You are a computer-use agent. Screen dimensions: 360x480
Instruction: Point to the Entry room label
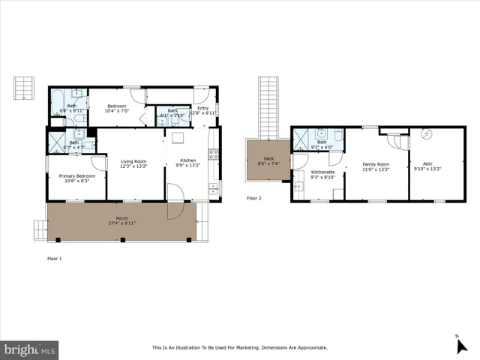pyautogui.click(x=203, y=108)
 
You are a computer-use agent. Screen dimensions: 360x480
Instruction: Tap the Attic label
pyautogui.click(x=427, y=163)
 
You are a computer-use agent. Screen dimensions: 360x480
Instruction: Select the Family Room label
pyautogui.click(x=376, y=163)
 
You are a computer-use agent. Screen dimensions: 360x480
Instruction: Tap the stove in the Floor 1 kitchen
pyautogui.click(x=214, y=155)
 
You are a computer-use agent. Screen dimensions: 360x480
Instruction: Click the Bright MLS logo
pyautogui.click(x=30, y=349)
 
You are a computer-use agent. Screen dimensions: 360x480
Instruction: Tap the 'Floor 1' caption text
pyautogui.click(x=54, y=258)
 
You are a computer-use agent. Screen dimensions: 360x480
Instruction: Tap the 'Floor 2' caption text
pyautogui.click(x=254, y=198)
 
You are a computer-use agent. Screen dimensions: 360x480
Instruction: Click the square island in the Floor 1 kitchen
pyautogui.click(x=178, y=138)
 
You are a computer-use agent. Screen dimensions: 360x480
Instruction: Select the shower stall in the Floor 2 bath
pyautogui.click(x=303, y=137)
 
